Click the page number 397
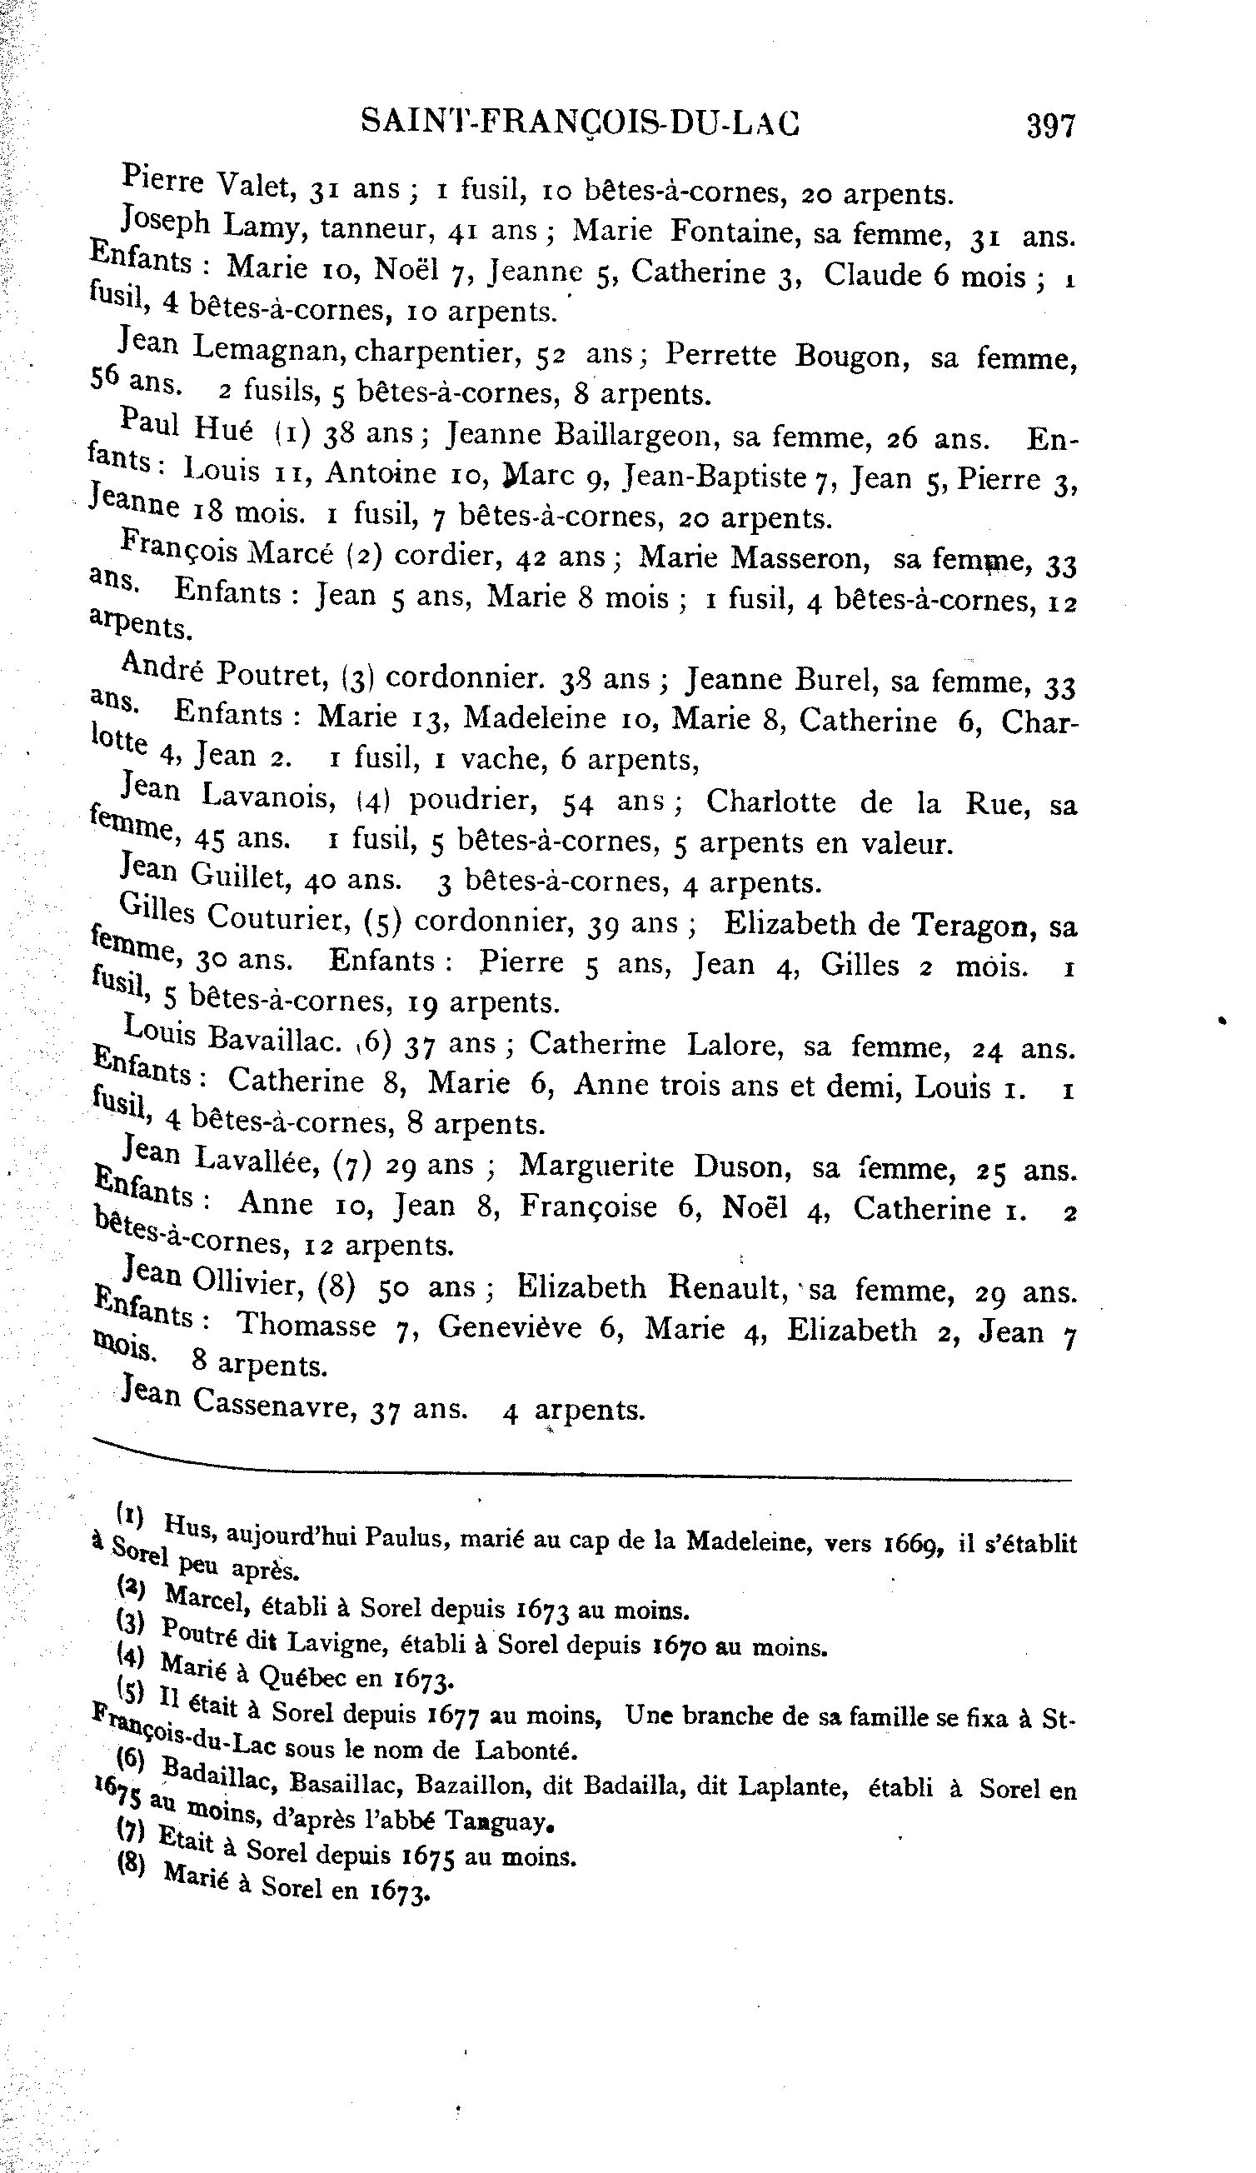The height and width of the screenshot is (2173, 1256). [1050, 126]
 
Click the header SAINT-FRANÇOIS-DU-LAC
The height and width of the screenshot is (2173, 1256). [581, 123]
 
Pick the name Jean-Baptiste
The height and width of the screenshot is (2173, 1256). [715, 477]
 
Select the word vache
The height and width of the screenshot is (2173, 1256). [498, 759]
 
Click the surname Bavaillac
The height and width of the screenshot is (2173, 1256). [275, 1041]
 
